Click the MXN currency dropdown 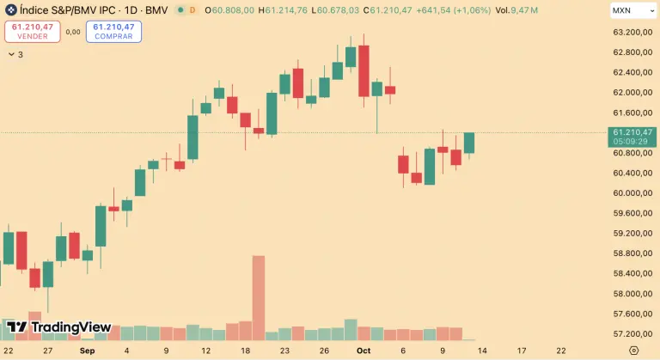point(630,10)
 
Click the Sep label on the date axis point(87,351)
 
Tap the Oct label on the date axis point(364,351)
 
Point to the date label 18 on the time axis point(245,351)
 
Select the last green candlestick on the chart point(469,143)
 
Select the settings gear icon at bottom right point(633,351)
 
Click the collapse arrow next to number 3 point(10,54)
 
